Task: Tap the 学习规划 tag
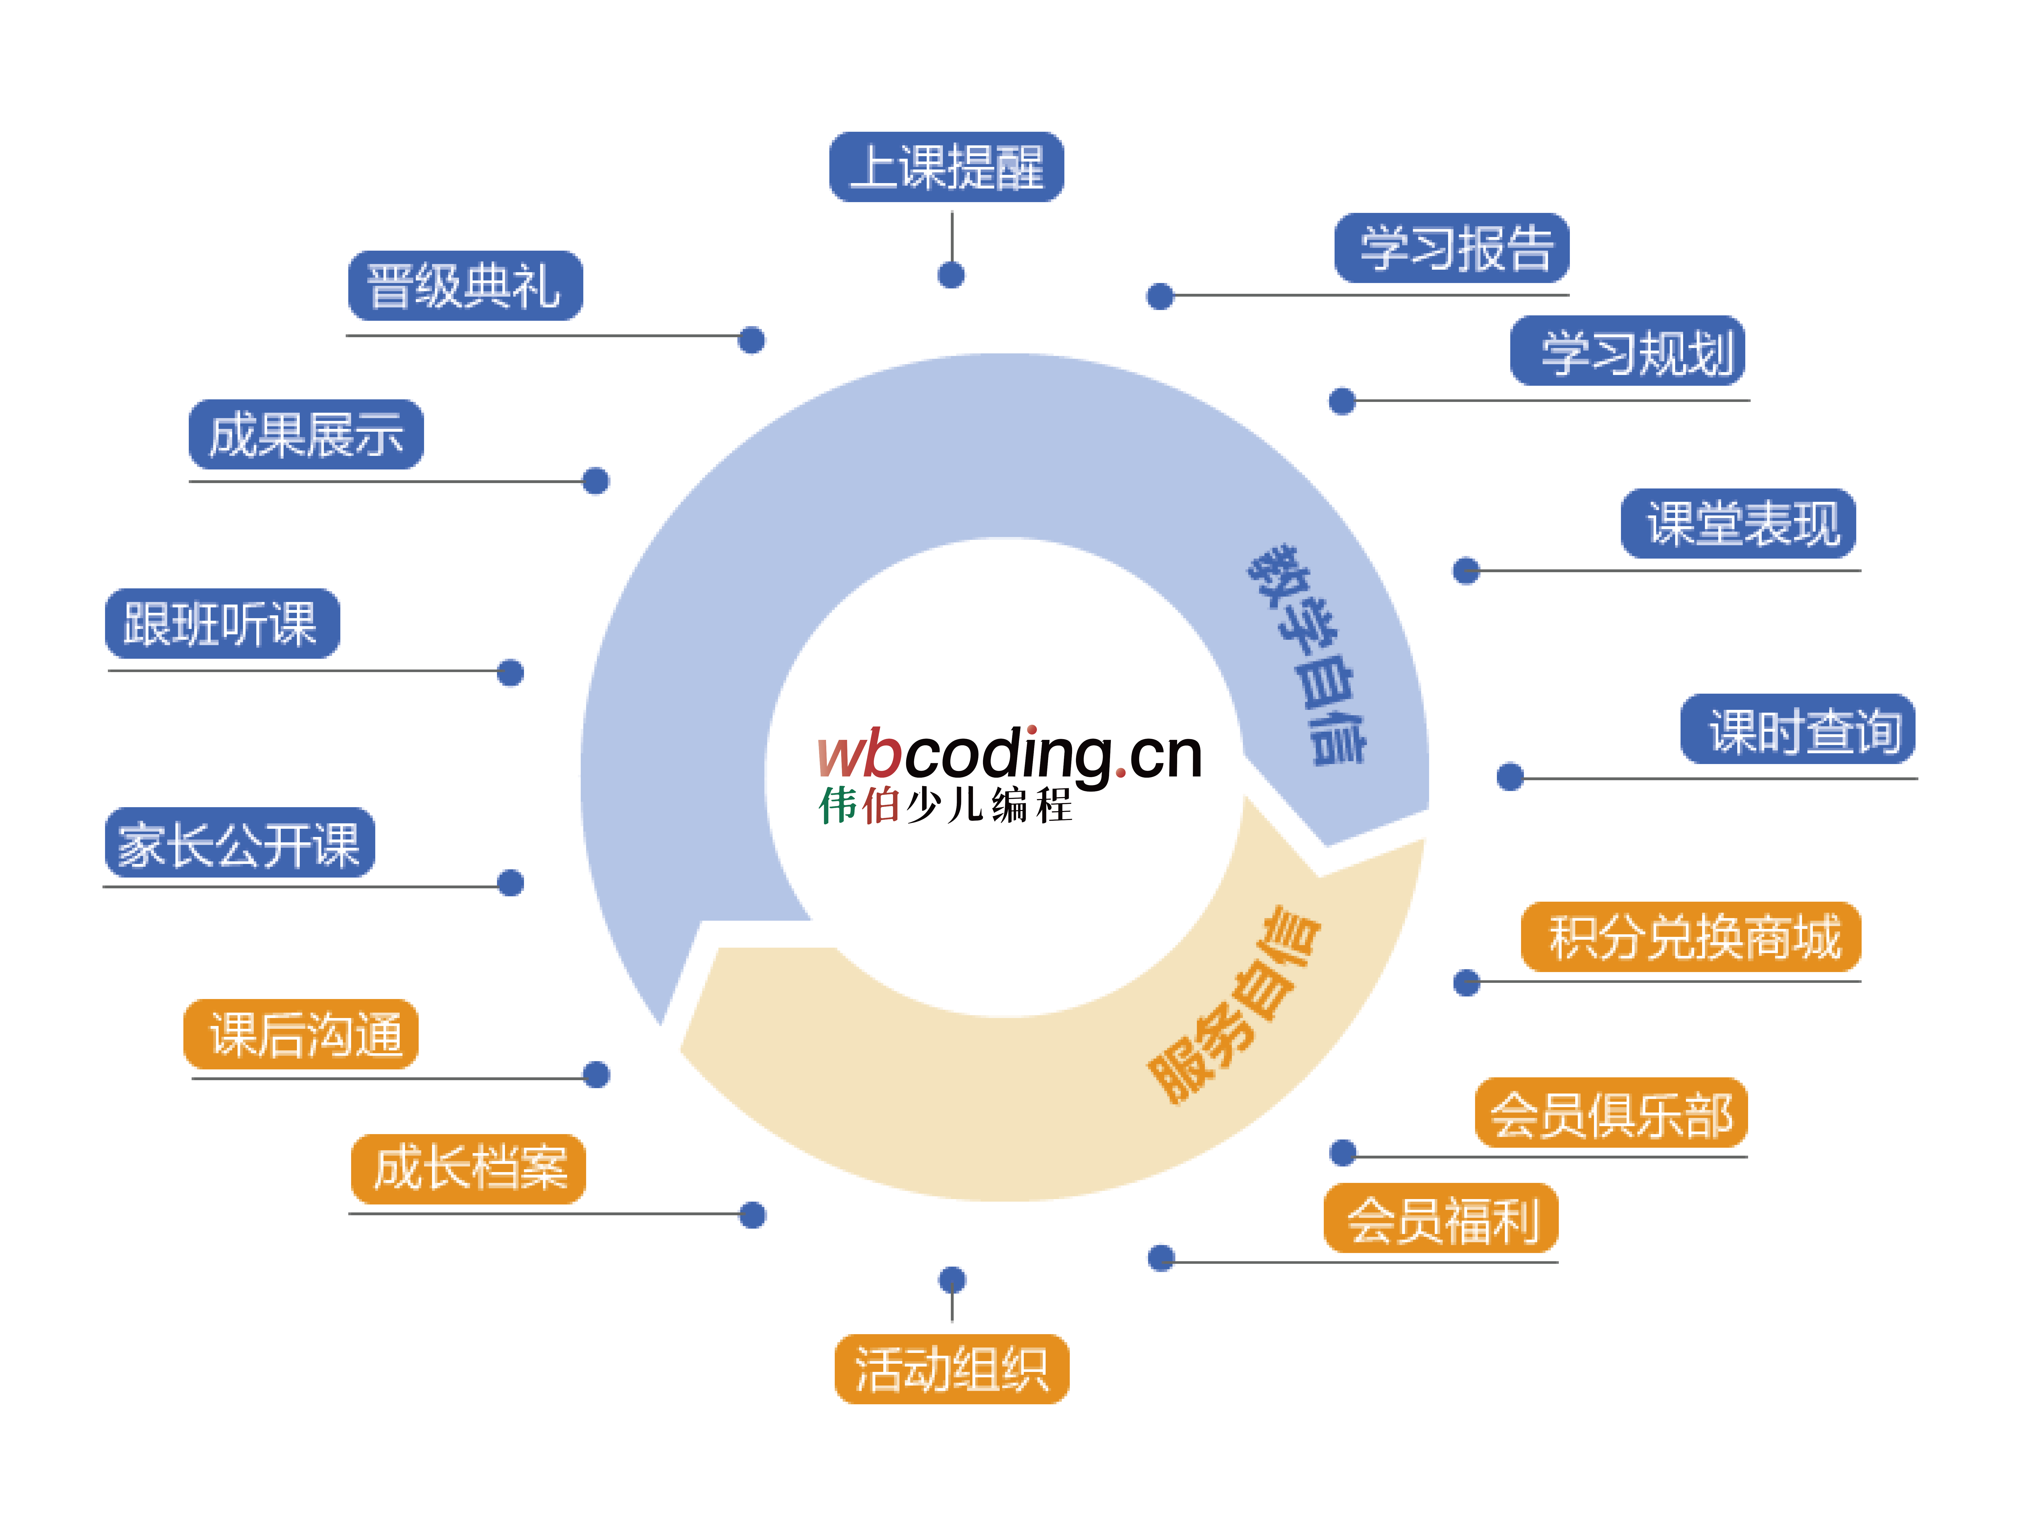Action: pyautogui.click(x=1628, y=351)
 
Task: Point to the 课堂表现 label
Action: pyautogui.click(x=1738, y=523)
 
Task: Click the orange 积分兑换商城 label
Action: pyautogui.click(x=1691, y=937)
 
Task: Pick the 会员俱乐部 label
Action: pyautogui.click(x=1611, y=1113)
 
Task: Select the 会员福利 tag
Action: pyautogui.click(x=1441, y=1218)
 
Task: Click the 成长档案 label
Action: pyautogui.click(x=468, y=1169)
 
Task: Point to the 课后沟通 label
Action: pyautogui.click(x=301, y=1034)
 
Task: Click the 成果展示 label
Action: pyautogui.click(x=306, y=434)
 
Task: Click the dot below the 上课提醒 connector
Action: pyautogui.click(x=952, y=275)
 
